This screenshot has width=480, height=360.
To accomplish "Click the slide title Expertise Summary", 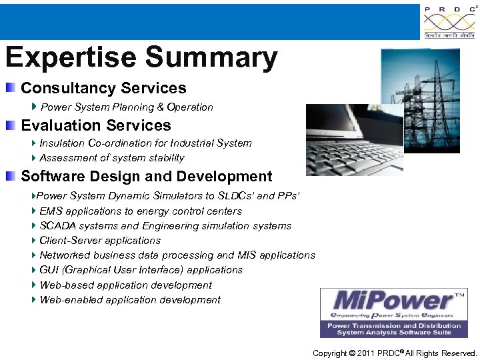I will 141,58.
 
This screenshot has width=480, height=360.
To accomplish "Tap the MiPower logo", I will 393,313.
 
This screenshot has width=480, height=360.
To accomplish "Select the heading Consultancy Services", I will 103,88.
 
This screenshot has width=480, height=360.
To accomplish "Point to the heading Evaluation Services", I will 96,125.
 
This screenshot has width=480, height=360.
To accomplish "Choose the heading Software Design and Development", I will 147,177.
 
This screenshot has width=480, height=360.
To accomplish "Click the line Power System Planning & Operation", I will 127,107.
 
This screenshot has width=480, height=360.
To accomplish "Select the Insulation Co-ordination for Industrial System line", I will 145,143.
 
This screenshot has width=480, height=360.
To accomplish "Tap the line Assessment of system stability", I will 111,158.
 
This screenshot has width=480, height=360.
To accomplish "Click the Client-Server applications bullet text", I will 100,241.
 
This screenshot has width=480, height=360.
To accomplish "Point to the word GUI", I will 49,270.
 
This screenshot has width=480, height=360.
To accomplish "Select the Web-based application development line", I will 125,285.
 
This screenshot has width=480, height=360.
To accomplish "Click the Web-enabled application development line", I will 130,300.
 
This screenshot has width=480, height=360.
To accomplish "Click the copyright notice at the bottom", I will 395,353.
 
